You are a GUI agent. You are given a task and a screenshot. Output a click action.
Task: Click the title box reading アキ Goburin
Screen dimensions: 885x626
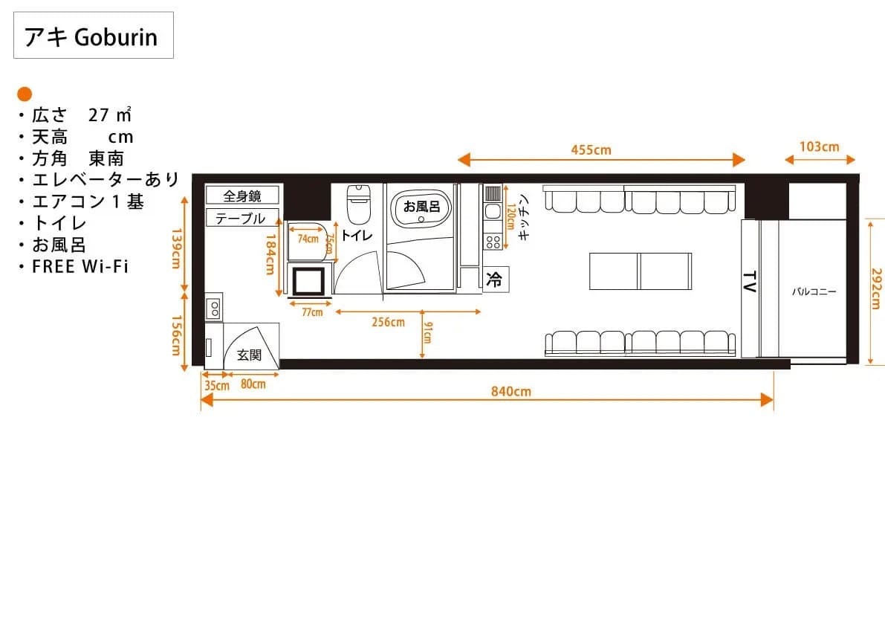pos(94,35)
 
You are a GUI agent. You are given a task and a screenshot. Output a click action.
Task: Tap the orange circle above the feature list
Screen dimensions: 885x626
pos(25,94)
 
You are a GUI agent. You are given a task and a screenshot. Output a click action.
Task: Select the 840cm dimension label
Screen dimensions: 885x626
pos(510,391)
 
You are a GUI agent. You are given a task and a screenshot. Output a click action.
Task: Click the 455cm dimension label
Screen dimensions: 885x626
pos(591,149)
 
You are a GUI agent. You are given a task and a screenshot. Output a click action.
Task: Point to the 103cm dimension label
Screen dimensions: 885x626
pos(819,146)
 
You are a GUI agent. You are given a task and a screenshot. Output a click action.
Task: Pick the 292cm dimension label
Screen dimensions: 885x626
pos(876,288)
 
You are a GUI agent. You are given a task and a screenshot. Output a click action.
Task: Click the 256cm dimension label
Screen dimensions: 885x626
pos(389,322)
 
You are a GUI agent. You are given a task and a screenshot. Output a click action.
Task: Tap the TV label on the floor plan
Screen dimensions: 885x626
pos(750,282)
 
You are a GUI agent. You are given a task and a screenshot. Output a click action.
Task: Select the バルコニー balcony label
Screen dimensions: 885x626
pos(814,292)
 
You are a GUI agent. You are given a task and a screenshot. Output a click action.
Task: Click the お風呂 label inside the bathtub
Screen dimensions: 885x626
pos(421,207)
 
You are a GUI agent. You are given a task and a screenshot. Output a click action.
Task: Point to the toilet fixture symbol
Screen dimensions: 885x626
pos(357,204)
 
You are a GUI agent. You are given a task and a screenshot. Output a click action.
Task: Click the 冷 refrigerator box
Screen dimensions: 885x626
pos(496,279)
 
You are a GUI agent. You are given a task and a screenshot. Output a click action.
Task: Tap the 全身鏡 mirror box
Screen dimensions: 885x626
pos(242,196)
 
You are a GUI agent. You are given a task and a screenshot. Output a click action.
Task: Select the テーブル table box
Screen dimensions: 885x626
pos(242,218)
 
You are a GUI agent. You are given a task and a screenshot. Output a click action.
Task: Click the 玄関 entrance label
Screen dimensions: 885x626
pos(249,355)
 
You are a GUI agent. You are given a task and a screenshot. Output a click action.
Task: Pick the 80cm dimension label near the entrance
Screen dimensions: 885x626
pos(253,384)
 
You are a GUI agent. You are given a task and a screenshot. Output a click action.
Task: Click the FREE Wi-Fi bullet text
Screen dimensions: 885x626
pos(80,266)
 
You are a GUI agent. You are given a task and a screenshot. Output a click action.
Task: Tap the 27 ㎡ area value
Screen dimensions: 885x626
pos(110,114)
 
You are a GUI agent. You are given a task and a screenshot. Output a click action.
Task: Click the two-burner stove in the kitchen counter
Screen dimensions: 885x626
pos(493,242)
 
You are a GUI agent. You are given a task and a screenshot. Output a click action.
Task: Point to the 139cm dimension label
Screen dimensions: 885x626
pos(176,248)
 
